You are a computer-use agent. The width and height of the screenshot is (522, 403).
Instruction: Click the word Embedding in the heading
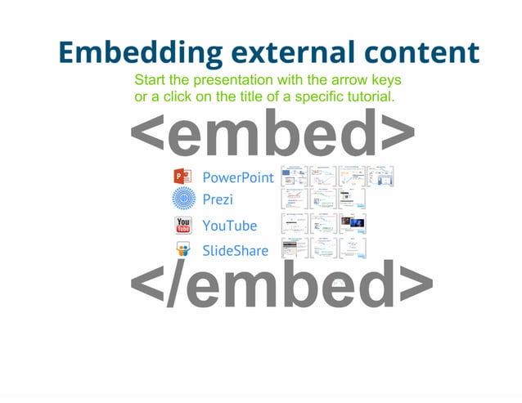139,52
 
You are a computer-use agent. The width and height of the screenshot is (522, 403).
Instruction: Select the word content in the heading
417,52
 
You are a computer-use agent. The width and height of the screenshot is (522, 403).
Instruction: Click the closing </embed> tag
281,285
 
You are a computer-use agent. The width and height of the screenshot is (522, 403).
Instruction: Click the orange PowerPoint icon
182,177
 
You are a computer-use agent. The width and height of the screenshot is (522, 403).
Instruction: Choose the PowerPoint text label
238,177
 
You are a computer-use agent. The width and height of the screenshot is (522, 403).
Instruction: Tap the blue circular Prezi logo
184,199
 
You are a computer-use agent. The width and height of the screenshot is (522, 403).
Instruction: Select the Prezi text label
218,199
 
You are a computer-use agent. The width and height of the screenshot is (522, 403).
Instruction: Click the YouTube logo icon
183,226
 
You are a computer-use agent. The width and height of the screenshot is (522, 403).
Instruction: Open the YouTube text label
230,226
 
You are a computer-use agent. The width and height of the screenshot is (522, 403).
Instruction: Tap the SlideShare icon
183,250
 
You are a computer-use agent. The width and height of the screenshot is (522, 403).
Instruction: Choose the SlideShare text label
236,250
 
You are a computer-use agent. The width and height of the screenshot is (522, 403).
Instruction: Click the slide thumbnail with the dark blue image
353,223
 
